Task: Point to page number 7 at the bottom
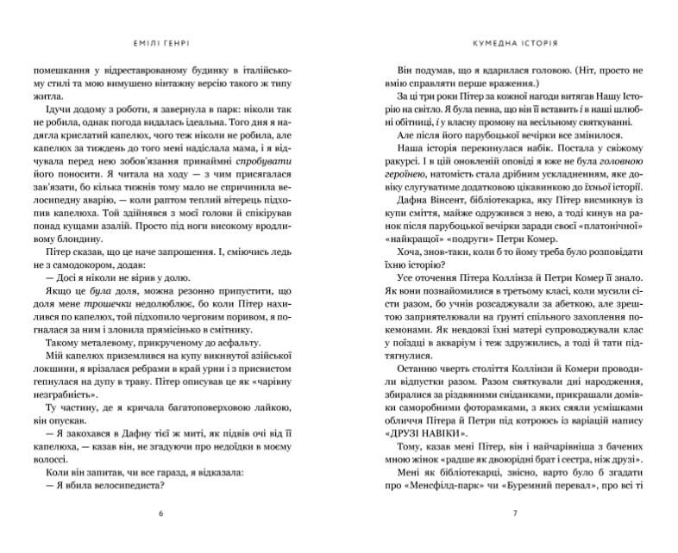coord(515,514)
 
